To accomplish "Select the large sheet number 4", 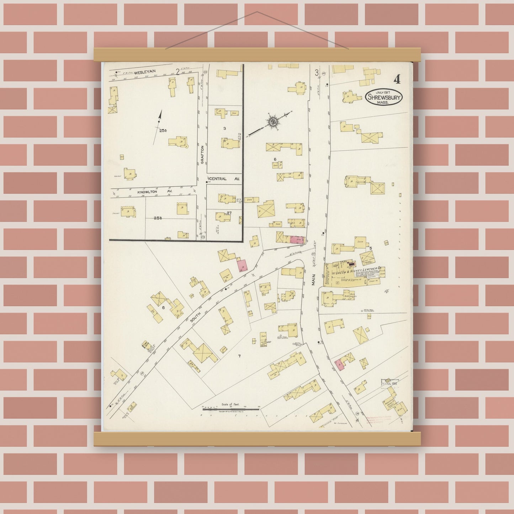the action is coord(397,80).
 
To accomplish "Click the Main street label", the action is coord(314,277).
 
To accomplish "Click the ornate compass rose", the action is coord(273,122).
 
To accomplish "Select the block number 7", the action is coord(239,356).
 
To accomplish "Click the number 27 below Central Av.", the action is coord(229,213).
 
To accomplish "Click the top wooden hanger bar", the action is coord(257,54).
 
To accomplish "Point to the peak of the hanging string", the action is coord(257,12).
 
